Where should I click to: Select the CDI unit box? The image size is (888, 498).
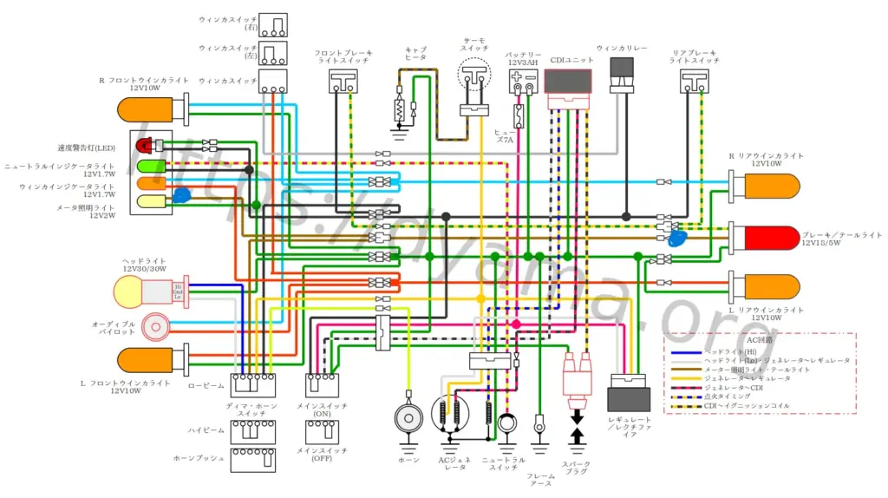tap(569, 81)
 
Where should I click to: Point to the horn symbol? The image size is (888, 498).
tap(407, 418)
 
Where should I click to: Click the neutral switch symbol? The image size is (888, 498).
tap(506, 423)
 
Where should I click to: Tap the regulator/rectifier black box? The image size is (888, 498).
tap(629, 400)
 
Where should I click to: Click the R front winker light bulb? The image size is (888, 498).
tap(148, 109)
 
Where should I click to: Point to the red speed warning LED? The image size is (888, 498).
tap(145, 144)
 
